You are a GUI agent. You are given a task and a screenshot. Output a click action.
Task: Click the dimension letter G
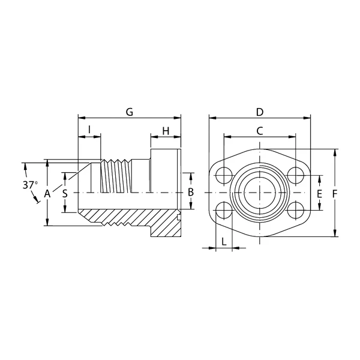(130, 112)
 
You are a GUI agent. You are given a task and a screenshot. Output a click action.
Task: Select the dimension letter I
(89, 130)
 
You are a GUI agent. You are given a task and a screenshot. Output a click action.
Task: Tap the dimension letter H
(166, 131)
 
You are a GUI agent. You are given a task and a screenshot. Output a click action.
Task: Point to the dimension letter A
(47, 194)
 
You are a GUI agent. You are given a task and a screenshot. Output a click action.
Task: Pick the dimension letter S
(65, 194)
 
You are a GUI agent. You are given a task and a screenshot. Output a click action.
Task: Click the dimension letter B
(191, 192)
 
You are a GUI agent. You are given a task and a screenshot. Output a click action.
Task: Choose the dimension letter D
(260, 112)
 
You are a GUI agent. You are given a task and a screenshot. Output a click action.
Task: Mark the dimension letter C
(259, 131)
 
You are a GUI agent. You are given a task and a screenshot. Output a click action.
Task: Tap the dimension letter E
(319, 194)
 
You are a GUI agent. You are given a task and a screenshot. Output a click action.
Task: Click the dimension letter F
(335, 194)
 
